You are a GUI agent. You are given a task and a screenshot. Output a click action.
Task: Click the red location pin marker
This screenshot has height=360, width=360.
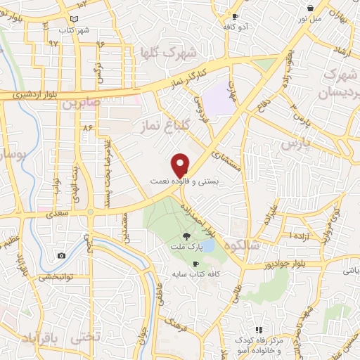181,165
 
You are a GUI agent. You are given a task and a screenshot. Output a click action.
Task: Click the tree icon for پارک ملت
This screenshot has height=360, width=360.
186,237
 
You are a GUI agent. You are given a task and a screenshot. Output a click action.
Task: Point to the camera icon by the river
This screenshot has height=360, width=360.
61,255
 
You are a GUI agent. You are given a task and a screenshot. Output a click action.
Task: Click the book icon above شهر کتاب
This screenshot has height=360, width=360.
75,19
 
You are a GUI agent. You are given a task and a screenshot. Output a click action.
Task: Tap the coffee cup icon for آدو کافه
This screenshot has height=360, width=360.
235,15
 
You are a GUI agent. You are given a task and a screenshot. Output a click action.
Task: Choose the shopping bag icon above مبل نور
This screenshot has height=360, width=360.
309,8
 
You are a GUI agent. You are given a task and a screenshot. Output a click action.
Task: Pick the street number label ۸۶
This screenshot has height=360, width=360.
88,129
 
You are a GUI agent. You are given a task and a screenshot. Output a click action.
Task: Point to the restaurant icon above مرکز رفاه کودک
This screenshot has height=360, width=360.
258,330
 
